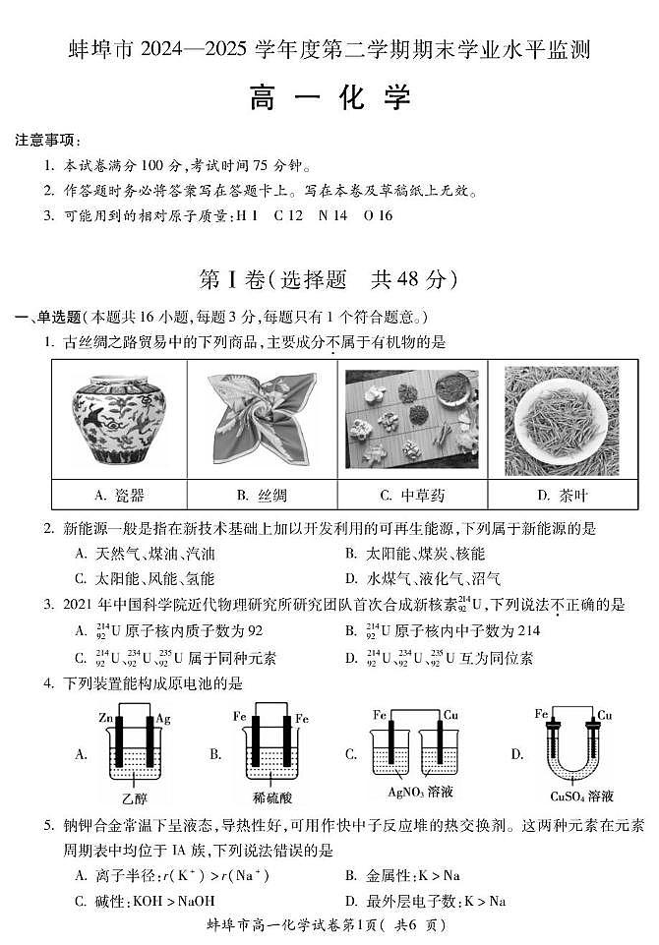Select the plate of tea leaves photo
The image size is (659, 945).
561,418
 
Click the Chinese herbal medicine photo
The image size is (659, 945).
411,418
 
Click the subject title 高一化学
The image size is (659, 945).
329,98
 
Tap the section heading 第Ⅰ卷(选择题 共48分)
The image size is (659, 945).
329,280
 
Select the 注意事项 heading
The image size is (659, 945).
47,142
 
